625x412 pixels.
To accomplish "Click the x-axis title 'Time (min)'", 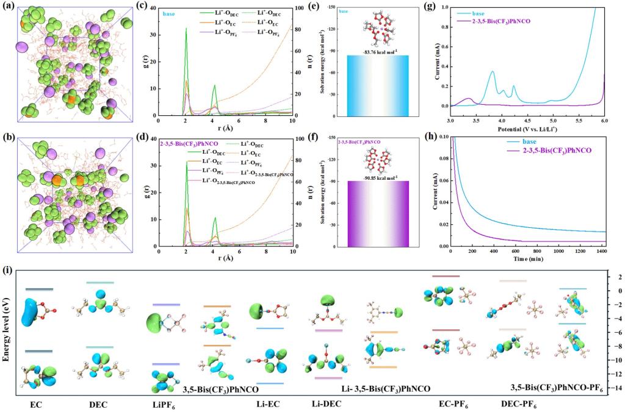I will point(529,259).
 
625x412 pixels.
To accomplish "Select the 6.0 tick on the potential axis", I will point(604,122).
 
